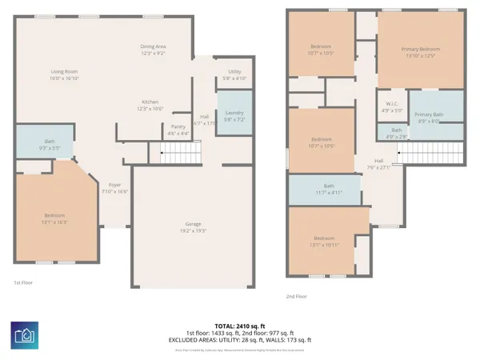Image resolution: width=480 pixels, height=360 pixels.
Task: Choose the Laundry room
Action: coord(234,114)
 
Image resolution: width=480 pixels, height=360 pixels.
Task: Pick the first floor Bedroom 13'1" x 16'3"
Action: coord(54,218)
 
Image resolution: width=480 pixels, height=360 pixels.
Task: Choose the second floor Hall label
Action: coord(378,163)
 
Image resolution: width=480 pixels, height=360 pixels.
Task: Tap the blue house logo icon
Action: coord(26,335)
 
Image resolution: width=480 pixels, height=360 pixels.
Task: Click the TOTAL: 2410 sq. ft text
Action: coord(239,326)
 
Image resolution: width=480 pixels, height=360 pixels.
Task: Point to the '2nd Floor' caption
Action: coord(297,296)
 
